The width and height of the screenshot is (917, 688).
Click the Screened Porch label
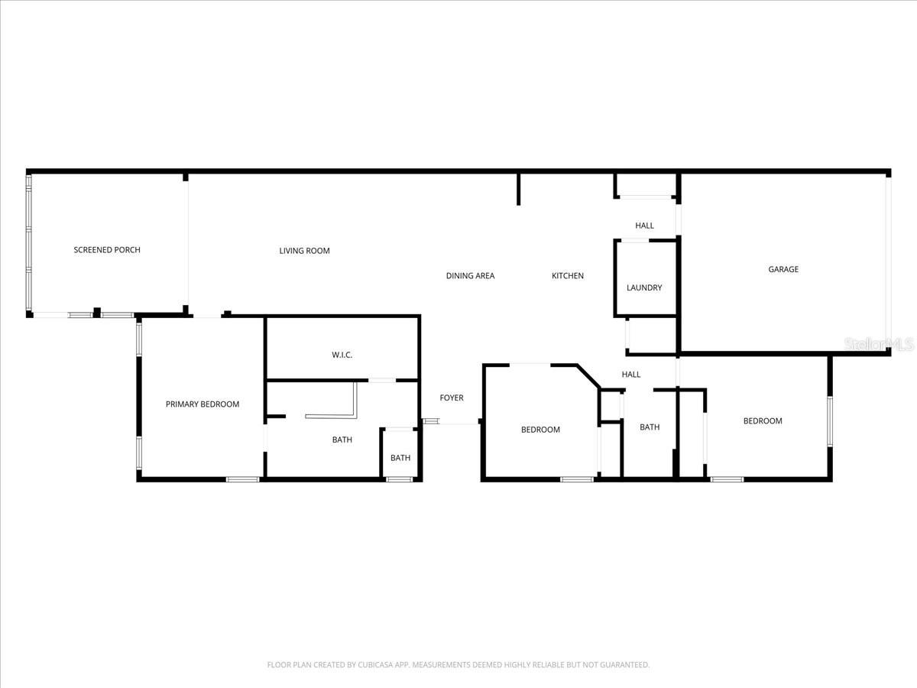107,250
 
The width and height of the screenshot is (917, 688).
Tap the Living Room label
304,251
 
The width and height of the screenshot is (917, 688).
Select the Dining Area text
470,276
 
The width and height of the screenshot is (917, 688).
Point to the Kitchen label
568,276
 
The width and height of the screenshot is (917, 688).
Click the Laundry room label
644,288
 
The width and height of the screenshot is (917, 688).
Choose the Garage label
783,269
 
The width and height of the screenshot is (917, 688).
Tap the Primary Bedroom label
203,404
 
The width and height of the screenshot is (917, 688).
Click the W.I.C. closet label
342,355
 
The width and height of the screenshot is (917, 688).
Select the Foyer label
451,398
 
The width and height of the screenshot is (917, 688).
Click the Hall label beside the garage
644,226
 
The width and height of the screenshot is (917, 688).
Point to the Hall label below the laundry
631,375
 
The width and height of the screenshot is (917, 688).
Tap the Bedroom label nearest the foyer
540,430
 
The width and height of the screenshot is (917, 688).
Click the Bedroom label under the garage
763,421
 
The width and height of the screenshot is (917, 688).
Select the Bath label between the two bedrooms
650,427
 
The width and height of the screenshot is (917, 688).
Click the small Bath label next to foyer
400,458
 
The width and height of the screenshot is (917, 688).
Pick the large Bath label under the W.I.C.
342,440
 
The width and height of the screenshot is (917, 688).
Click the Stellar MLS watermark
879,345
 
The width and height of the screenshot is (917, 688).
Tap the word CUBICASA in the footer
376,665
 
